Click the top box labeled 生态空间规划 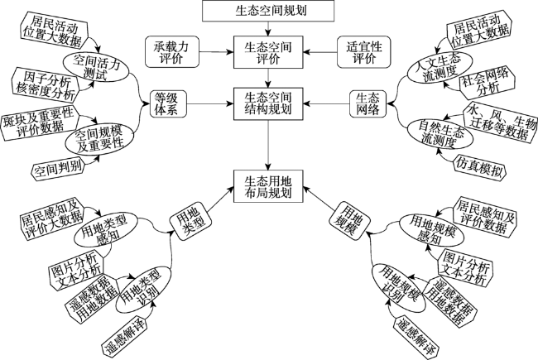(268, 11)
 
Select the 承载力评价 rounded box (172, 52)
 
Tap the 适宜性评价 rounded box (363, 52)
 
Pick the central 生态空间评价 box (268, 52)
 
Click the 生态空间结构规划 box (268, 103)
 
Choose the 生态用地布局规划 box (268, 186)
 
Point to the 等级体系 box (169, 103)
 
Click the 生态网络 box (367, 103)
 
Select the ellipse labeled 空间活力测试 (96, 67)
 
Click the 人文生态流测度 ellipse (440, 67)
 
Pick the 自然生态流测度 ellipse (440, 134)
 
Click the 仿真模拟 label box (479, 167)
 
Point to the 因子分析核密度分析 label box (45, 85)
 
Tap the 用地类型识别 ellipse (143, 290)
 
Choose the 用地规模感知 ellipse (431, 230)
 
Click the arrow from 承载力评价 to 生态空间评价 (217, 52)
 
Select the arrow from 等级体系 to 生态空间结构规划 (210, 103)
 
